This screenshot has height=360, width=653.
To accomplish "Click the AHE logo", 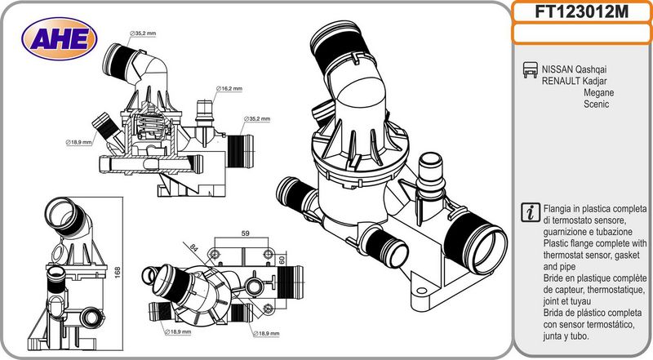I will [x=59, y=38].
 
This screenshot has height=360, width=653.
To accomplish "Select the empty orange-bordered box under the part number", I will [x=581, y=33].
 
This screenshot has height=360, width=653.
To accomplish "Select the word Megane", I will [x=598, y=94].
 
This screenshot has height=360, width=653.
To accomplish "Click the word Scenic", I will [x=597, y=105].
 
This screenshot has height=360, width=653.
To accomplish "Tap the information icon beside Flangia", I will [x=529, y=211].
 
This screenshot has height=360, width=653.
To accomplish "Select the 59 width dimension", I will [x=246, y=234].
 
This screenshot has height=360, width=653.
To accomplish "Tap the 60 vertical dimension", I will [x=282, y=260].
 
